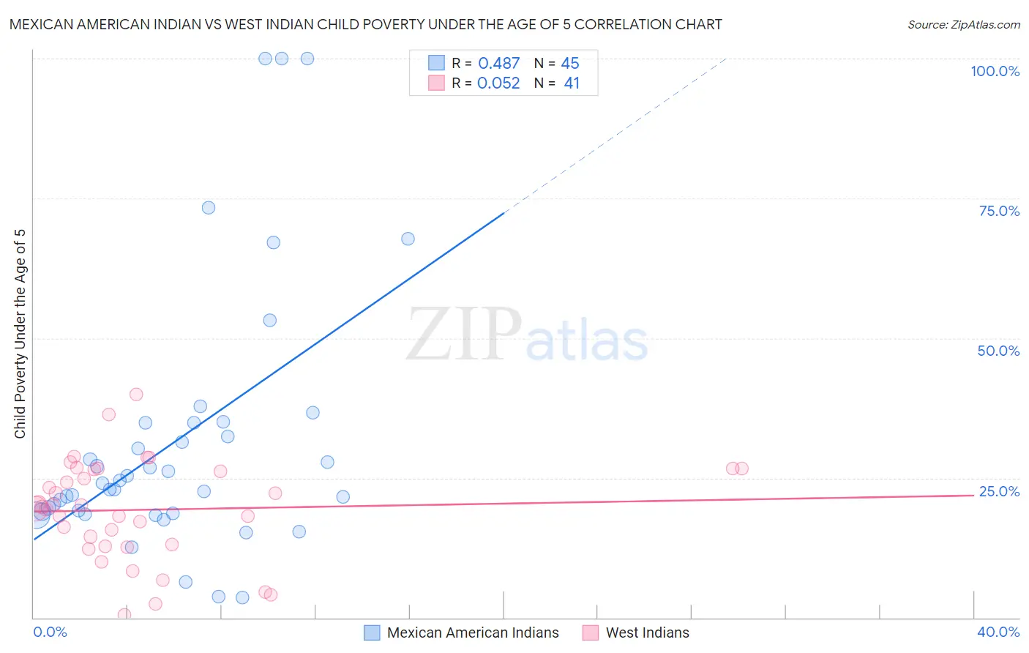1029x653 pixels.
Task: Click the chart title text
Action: click(365, 24)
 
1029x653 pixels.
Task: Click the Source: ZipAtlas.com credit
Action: click(963, 24)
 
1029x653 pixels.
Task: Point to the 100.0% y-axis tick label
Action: click(995, 71)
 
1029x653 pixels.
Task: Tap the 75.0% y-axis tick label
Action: click(999, 211)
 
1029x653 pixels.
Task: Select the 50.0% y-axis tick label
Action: click(998, 351)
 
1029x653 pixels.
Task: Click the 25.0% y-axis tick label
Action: click(999, 491)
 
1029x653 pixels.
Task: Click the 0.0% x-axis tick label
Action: click(50, 632)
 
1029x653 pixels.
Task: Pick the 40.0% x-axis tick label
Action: click(998, 632)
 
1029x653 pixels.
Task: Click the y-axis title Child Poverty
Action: click(20, 334)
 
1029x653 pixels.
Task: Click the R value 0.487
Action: click(498, 64)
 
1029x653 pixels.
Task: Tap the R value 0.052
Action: click(498, 83)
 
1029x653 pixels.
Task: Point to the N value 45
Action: click(570, 64)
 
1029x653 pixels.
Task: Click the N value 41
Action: click(572, 83)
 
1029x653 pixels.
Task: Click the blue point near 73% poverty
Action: click(209, 208)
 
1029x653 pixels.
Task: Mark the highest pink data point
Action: click(136, 395)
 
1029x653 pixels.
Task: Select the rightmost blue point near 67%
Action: click(408, 239)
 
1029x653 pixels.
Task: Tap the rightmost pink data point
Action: click(742, 469)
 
